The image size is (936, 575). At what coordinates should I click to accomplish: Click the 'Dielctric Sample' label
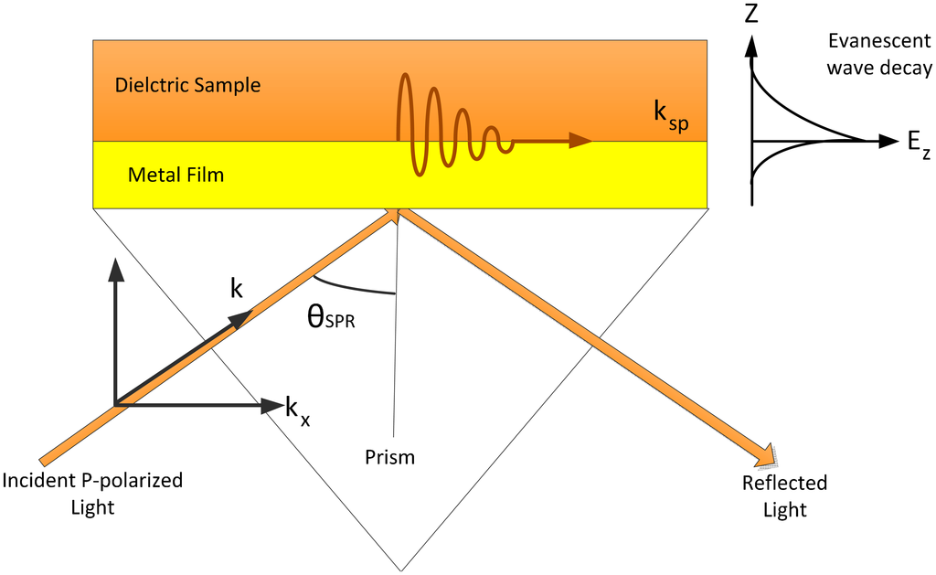pos(187,86)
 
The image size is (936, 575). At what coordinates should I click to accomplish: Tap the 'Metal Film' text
pos(175,174)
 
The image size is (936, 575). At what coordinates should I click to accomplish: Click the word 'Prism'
pos(389,457)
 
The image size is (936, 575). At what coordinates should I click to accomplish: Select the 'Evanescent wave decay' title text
pos(877,55)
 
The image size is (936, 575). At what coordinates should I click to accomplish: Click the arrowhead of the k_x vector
pos(271,403)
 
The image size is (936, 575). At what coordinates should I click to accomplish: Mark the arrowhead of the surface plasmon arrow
pos(580,141)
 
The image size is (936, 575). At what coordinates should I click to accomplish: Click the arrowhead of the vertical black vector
pos(114,267)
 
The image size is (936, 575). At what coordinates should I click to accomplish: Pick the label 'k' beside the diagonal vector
pos(237,288)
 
